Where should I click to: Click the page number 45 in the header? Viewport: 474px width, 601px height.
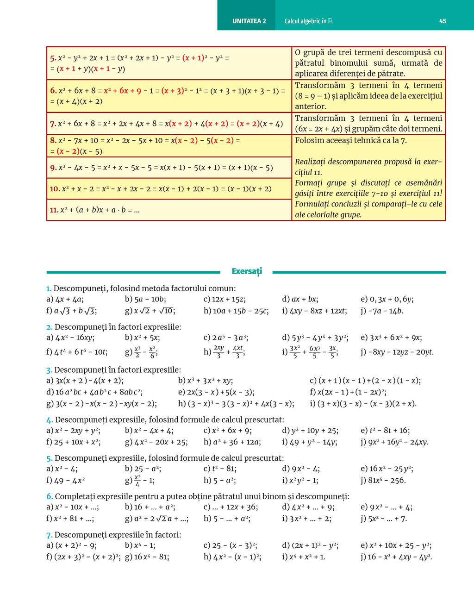tap(443, 21)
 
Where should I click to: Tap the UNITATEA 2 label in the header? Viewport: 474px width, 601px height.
tap(249, 21)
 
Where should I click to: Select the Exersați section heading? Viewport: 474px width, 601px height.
tap(247, 271)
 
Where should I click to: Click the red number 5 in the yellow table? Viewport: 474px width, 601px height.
tap(53, 58)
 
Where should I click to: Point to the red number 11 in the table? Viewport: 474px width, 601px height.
tap(54, 210)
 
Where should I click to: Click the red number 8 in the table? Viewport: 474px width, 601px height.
tap(53, 140)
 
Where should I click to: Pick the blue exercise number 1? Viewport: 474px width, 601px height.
tap(49, 288)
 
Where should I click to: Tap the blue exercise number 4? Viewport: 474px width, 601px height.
tap(50, 420)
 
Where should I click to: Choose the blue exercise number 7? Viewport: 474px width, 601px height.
tap(49, 535)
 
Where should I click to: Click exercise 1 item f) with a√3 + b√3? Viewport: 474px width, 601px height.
tap(72, 311)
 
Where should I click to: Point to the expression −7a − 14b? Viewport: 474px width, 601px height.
tap(382, 311)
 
